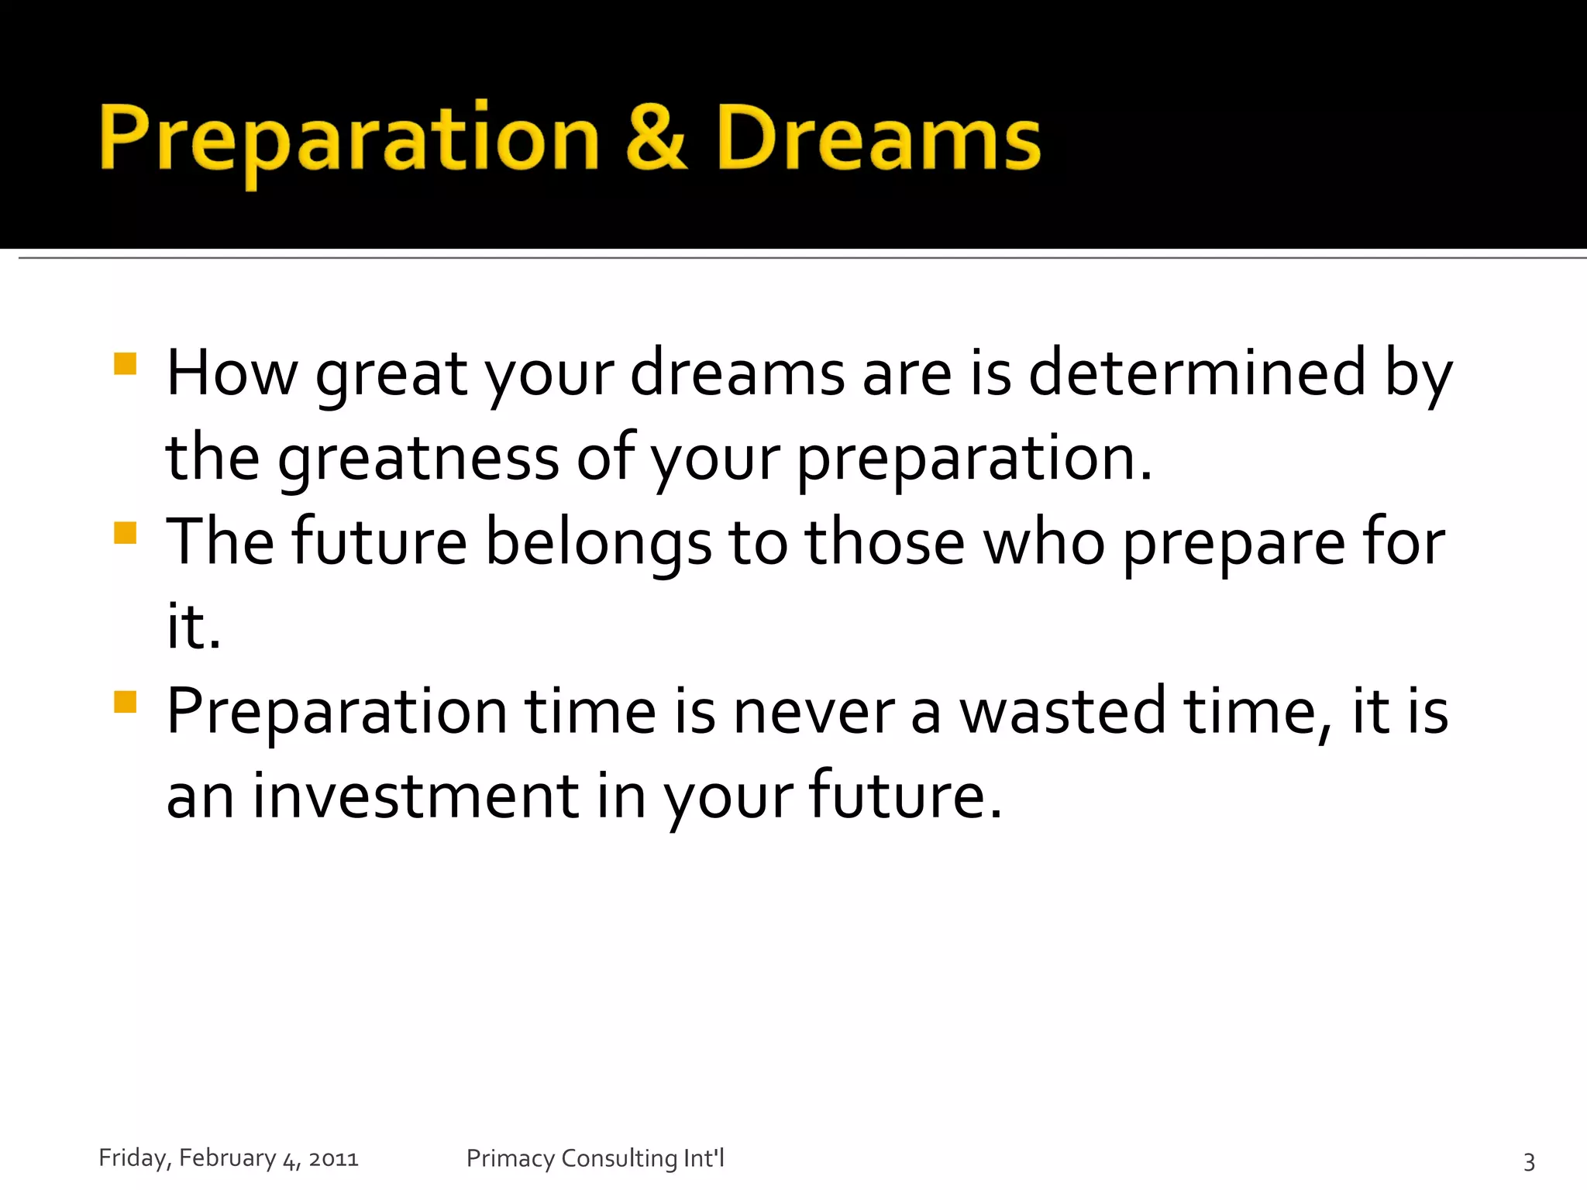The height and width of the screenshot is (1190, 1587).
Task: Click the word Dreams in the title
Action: click(x=878, y=138)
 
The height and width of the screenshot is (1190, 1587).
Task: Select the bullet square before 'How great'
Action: click(x=125, y=363)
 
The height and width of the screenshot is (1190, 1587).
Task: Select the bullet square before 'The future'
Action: click(x=125, y=532)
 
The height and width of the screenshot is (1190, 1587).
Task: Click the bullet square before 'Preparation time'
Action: click(x=125, y=701)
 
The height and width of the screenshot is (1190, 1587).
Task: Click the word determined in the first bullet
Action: click(x=1197, y=373)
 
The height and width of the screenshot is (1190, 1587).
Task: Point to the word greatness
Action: click(x=418, y=459)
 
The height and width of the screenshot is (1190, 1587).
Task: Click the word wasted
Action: click(x=1062, y=711)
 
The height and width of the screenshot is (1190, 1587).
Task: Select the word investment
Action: click(x=415, y=796)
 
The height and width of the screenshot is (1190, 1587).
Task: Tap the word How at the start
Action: click(x=232, y=373)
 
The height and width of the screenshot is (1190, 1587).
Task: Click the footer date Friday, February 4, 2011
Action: click(x=229, y=1158)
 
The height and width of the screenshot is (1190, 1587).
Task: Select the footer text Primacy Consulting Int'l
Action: click(x=595, y=1158)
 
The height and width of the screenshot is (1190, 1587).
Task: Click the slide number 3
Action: click(x=1529, y=1161)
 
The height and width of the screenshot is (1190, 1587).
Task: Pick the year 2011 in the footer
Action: click(x=333, y=1159)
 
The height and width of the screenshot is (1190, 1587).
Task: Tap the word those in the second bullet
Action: click(x=885, y=542)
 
